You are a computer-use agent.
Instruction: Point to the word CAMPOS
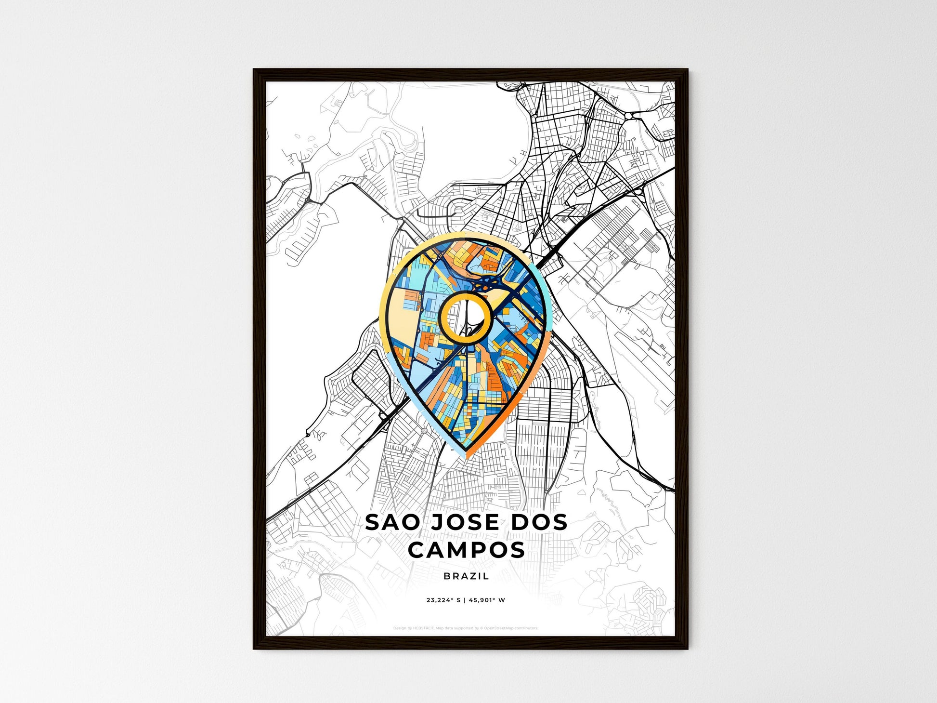tap(466, 550)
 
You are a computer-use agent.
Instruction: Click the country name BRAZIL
tap(466, 576)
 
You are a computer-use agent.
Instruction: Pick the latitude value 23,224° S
tap(443, 600)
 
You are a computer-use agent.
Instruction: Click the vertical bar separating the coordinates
tap(465, 600)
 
